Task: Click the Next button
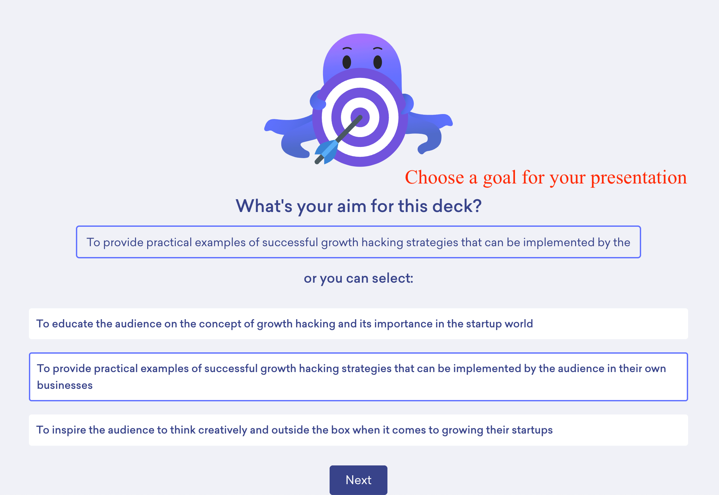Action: point(358,480)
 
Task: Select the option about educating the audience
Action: point(358,324)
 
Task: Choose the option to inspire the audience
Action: point(358,430)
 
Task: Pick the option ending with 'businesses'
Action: point(358,377)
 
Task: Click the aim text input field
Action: point(358,242)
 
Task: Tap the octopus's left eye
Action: point(347,62)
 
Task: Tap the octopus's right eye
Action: point(378,62)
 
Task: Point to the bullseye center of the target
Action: point(360,117)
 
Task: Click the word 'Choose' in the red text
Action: point(434,177)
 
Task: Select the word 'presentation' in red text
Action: point(639,178)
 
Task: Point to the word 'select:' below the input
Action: point(393,278)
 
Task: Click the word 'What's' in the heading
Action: point(264,206)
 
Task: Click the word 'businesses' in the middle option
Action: point(65,385)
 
